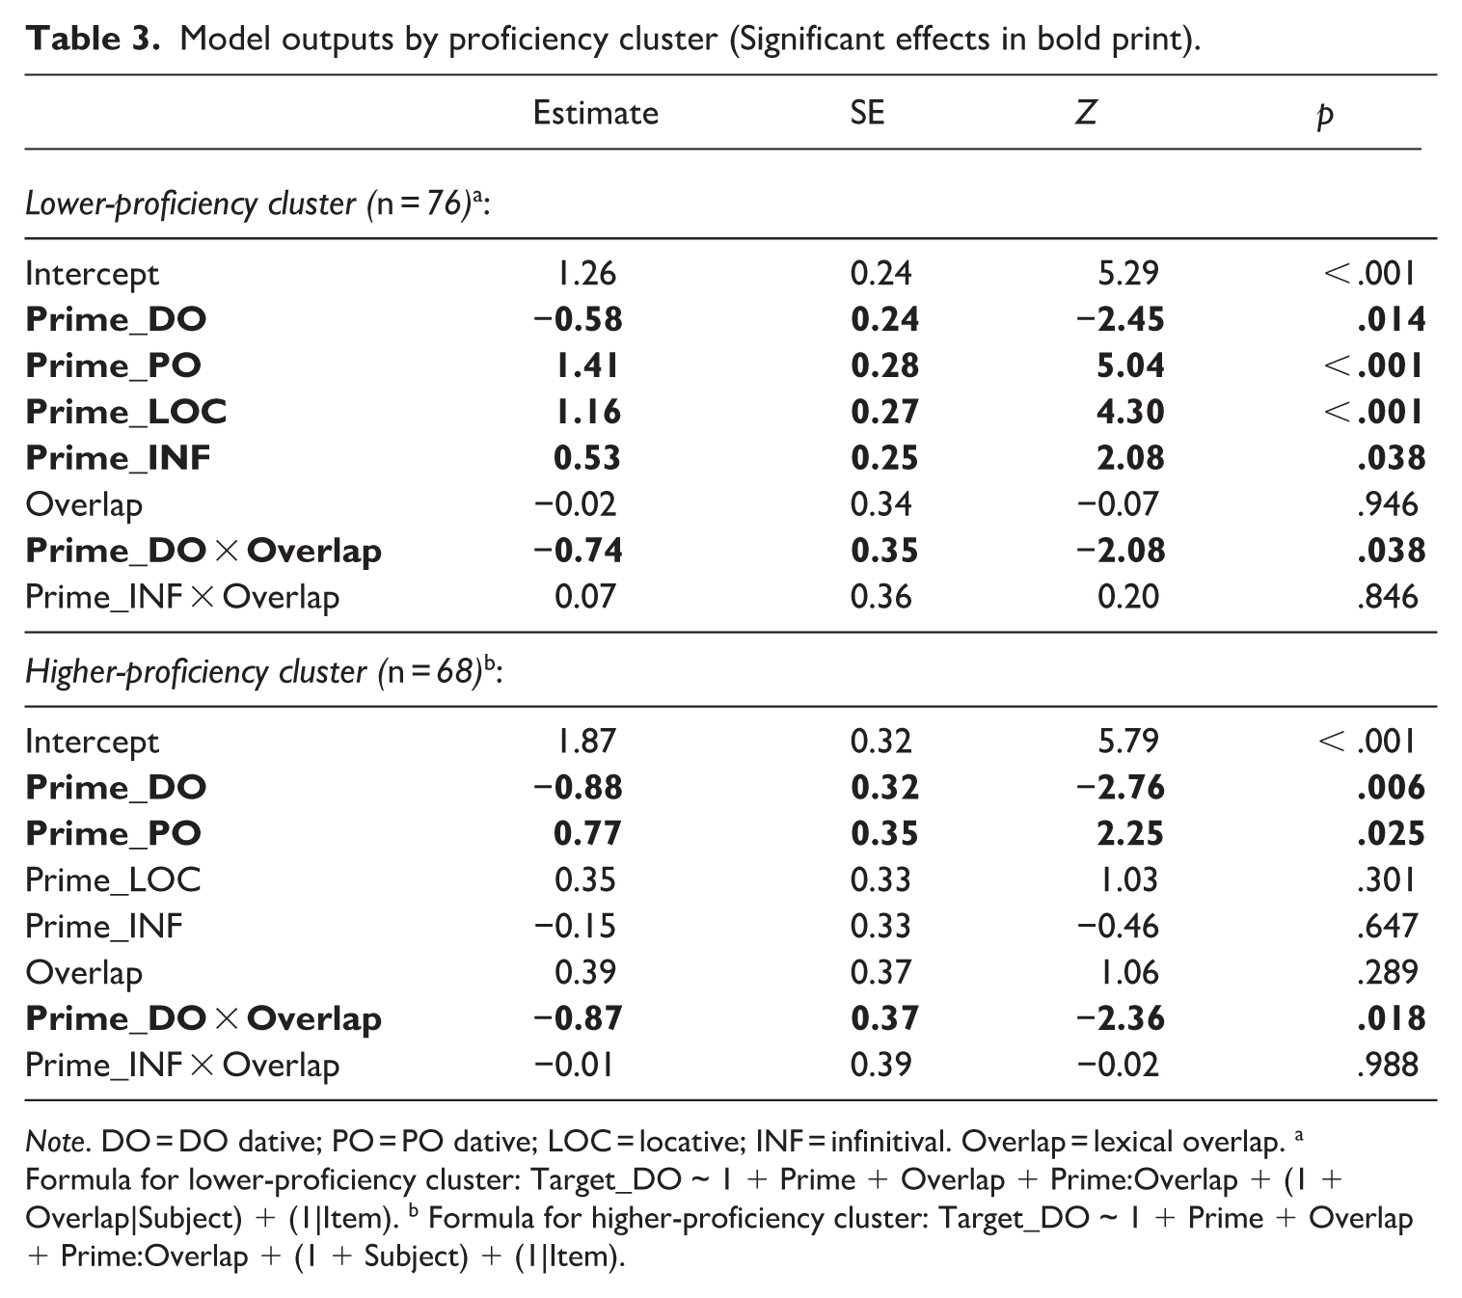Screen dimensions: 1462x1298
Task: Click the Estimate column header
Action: [x=595, y=113]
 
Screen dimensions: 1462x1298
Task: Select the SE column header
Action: [x=867, y=113]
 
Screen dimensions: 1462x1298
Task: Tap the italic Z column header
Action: [x=1085, y=113]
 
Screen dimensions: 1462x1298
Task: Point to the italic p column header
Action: [x=1325, y=116]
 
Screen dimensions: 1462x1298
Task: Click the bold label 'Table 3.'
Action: [x=93, y=39]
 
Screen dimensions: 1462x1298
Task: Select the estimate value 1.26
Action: [x=585, y=274]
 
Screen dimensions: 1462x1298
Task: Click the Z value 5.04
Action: [x=1130, y=365]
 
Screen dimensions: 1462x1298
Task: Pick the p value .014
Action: [x=1392, y=319]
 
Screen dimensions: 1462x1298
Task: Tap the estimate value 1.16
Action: [x=587, y=411]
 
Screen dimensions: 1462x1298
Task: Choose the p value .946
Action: [x=1388, y=504]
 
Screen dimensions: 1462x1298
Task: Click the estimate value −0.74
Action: [x=578, y=551]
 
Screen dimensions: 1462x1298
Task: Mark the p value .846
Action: [x=1388, y=597]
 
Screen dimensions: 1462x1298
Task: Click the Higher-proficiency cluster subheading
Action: [x=263, y=672]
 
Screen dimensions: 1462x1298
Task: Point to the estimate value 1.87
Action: [x=585, y=741]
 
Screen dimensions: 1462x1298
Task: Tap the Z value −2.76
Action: [x=1120, y=787]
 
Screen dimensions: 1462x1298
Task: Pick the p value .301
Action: [x=1386, y=879]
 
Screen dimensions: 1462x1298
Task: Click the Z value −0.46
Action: [x=1118, y=926]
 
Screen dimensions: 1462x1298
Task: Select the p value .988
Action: [x=1388, y=1065]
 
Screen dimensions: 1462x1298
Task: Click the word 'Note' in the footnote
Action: [x=56, y=1142]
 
